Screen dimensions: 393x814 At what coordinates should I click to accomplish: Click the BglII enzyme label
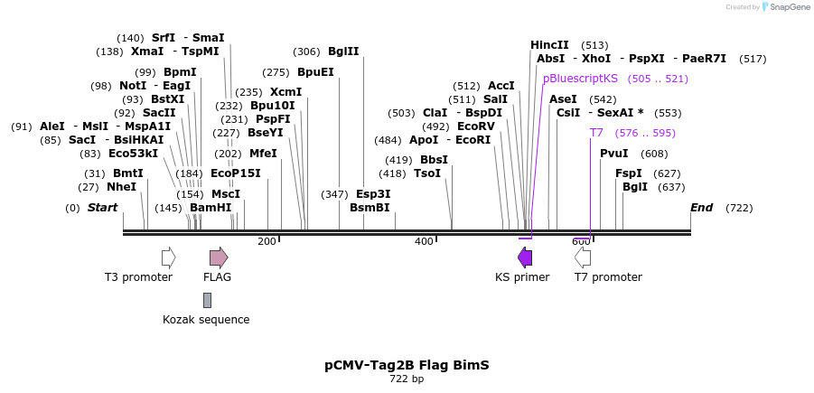pyautogui.click(x=343, y=51)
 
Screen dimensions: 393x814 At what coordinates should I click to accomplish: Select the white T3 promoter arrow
pyautogui.click(x=168, y=257)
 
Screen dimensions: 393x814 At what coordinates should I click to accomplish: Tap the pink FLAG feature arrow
pyautogui.click(x=219, y=257)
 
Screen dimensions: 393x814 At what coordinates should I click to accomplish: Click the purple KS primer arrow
pyautogui.click(x=525, y=257)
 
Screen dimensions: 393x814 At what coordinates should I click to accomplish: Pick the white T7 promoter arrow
pyautogui.click(x=583, y=257)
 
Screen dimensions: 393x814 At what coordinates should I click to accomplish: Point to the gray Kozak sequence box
pyautogui.click(x=207, y=300)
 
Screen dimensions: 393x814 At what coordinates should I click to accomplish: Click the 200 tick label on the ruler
pyautogui.click(x=267, y=241)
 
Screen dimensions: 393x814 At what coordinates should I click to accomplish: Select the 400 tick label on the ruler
pyautogui.click(x=424, y=241)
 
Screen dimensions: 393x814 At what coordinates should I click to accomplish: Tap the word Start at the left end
pyautogui.click(x=102, y=208)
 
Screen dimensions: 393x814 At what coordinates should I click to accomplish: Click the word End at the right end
pyautogui.click(x=702, y=208)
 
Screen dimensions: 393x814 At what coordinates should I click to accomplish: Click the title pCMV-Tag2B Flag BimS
pyautogui.click(x=407, y=365)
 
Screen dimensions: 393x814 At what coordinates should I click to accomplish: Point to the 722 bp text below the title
pyautogui.click(x=407, y=379)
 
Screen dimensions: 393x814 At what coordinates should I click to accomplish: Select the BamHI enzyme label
pyautogui.click(x=211, y=208)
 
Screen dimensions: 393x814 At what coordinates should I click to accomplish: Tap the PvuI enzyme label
pyautogui.click(x=614, y=153)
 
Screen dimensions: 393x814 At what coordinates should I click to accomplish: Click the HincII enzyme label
pyautogui.click(x=549, y=44)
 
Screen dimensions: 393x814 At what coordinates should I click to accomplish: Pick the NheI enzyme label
pyautogui.click(x=121, y=187)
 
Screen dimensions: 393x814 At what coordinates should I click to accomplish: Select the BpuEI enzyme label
pyautogui.click(x=315, y=72)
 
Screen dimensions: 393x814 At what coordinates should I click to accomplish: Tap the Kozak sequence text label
pyautogui.click(x=206, y=319)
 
